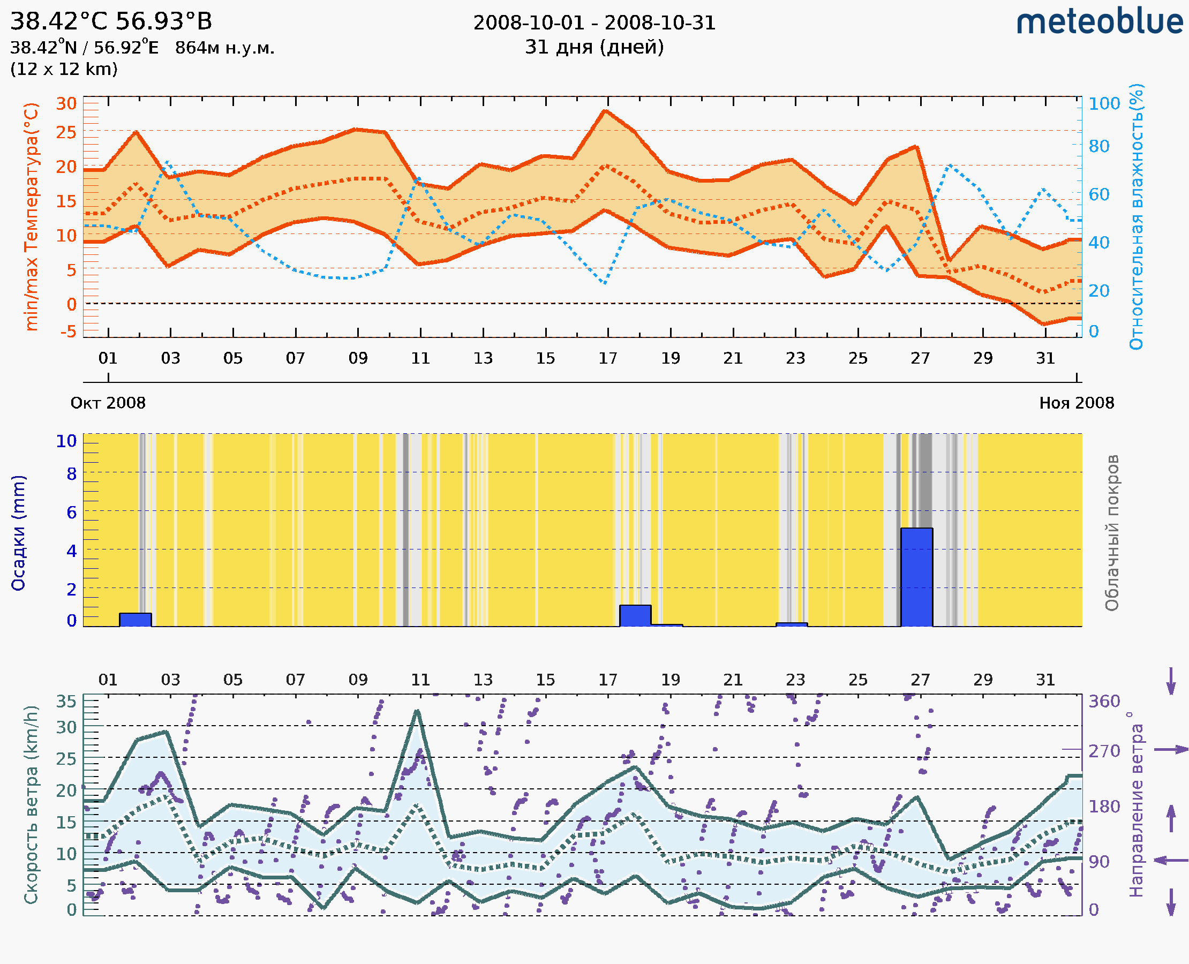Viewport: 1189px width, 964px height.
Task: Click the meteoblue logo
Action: [1099, 22]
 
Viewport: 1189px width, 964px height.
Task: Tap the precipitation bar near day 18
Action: [635, 615]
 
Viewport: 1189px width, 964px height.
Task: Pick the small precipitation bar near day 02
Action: [136, 619]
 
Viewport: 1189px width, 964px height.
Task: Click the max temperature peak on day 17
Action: [605, 111]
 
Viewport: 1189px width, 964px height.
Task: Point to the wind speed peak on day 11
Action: [417, 711]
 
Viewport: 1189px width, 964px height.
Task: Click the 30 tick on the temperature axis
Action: [66, 104]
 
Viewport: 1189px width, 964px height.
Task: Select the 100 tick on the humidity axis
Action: [1104, 104]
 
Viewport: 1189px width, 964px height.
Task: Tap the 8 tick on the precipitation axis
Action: [72, 473]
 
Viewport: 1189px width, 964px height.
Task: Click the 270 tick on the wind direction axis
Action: [1104, 751]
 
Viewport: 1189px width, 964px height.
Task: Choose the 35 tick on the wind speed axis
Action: [66, 702]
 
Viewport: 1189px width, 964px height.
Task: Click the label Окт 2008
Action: [108, 403]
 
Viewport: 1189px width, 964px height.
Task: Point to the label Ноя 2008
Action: [1077, 403]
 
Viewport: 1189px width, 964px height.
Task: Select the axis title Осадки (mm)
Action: [18, 533]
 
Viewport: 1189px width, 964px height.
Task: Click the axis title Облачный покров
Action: [1111, 533]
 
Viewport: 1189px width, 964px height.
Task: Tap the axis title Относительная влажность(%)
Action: [1136, 216]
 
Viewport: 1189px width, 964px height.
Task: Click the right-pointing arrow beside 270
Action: [1171, 750]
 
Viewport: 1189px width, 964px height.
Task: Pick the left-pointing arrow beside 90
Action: [1171, 860]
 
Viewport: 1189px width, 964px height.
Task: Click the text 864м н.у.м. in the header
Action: [224, 48]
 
